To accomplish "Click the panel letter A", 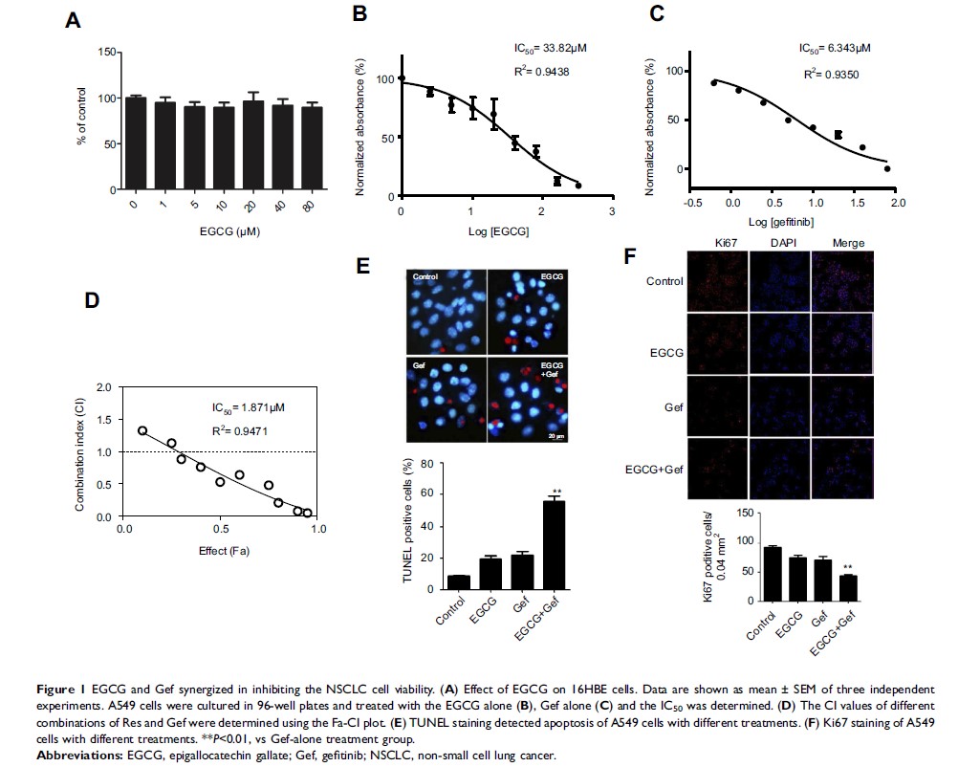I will [x=73, y=20].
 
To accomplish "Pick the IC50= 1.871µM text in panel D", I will [x=248, y=407].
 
